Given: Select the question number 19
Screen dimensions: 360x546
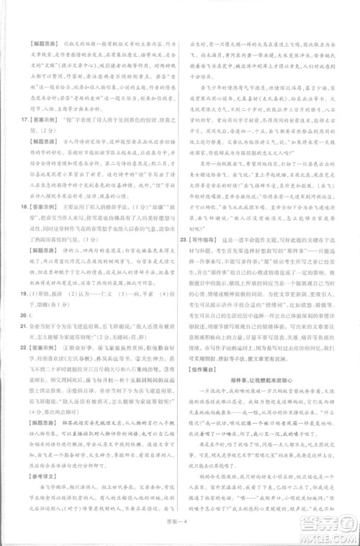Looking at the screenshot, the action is (24, 294).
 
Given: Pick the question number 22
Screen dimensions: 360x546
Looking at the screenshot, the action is (24, 347).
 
